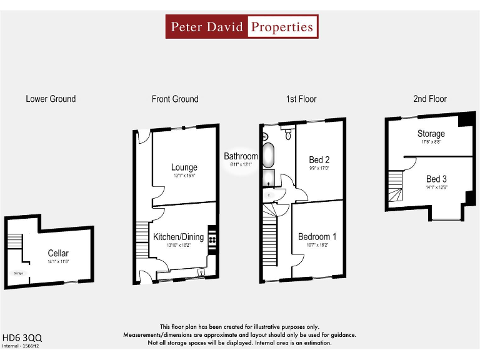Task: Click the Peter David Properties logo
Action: pos(242,27)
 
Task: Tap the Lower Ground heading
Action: pos(51,99)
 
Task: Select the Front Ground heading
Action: pos(175,99)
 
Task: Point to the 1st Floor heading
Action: pos(301,99)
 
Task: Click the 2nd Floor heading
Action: pos(430,99)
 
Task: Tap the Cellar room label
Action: pos(58,253)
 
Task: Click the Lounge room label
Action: pos(184,167)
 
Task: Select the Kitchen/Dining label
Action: pos(179,237)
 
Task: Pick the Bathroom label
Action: pos(241,156)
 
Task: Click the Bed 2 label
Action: pos(319,160)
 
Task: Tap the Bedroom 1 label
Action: pos(317,237)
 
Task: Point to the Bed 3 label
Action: pos(436,179)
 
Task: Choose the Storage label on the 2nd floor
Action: pos(431,134)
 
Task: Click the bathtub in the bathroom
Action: pos(269,155)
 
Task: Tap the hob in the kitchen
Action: pos(213,239)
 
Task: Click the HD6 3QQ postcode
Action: pos(22,337)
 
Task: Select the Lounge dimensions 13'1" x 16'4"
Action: pos(184,176)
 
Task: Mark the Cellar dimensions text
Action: pos(58,261)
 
